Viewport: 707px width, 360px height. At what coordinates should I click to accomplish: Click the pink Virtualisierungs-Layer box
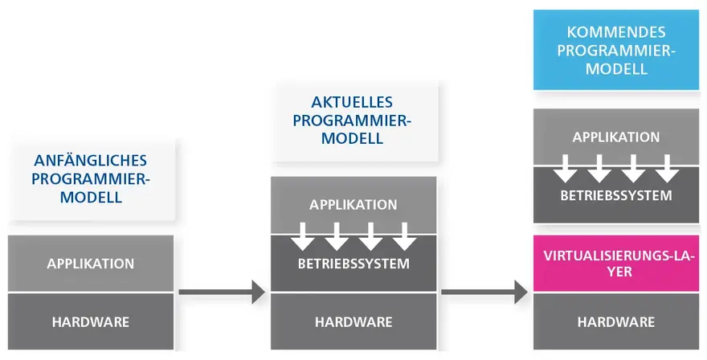(x=616, y=263)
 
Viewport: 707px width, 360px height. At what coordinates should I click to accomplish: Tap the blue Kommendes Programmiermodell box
(x=616, y=50)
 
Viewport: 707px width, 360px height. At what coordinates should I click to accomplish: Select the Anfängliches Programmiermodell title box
(x=91, y=179)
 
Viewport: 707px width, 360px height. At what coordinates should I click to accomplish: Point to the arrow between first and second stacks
(x=222, y=292)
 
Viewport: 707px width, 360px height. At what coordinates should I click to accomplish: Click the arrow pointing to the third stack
(x=484, y=292)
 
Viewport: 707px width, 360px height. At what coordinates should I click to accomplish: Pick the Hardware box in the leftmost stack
(x=91, y=321)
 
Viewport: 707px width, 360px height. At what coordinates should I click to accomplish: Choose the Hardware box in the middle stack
(x=353, y=321)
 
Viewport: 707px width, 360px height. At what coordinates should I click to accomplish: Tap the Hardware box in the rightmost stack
(x=616, y=321)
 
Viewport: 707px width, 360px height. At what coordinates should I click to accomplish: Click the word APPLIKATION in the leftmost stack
(x=91, y=264)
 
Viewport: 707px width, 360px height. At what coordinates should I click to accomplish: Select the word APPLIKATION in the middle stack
(x=353, y=205)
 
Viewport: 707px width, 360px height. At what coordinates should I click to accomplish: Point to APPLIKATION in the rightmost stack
(x=616, y=137)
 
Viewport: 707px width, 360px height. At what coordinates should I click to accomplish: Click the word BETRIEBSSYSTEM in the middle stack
(x=353, y=264)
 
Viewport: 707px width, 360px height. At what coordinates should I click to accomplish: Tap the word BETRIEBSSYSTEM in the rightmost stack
(x=616, y=196)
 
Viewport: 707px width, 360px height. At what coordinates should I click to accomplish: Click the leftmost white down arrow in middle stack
(x=303, y=236)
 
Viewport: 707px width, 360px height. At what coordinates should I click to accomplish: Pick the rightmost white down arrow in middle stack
(x=404, y=236)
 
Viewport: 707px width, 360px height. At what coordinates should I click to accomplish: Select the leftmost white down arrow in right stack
(x=566, y=169)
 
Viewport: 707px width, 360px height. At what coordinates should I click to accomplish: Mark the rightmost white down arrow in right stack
(x=667, y=169)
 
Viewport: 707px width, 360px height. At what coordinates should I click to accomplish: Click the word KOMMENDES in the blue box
(x=616, y=32)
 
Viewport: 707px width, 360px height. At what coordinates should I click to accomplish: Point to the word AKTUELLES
(x=352, y=102)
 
